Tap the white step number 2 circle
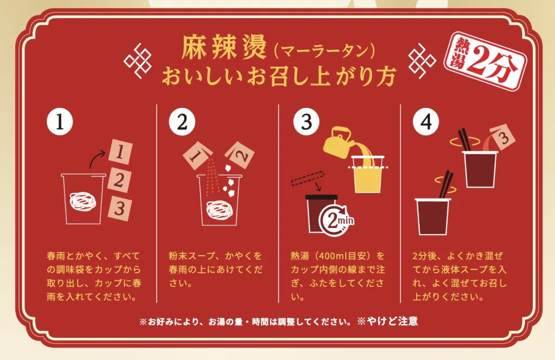click(x=182, y=123)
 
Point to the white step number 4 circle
click(x=426, y=123)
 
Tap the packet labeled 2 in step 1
click(x=121, y=180)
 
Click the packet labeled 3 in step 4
click(x=502, y=136)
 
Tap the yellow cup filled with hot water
click(x=369, y=175)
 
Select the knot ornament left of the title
click(x=137, y=60)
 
